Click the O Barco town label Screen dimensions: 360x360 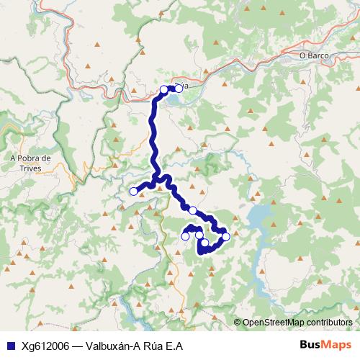point(314,54)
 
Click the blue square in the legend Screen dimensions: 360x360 point(10,346)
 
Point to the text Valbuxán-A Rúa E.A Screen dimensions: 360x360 point(134,346)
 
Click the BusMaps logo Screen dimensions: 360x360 point(324,345)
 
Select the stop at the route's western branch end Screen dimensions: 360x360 point(133,191)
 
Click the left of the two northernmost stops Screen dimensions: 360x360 point(164,89)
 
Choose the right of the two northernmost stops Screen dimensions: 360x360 point(179,89)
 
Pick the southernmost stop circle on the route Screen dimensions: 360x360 point(204,243)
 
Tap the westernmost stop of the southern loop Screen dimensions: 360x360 point(185,235)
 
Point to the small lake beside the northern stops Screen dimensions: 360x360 point(177,99)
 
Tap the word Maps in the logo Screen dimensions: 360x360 point(335,345)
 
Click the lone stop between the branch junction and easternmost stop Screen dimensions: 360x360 point(192,210)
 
